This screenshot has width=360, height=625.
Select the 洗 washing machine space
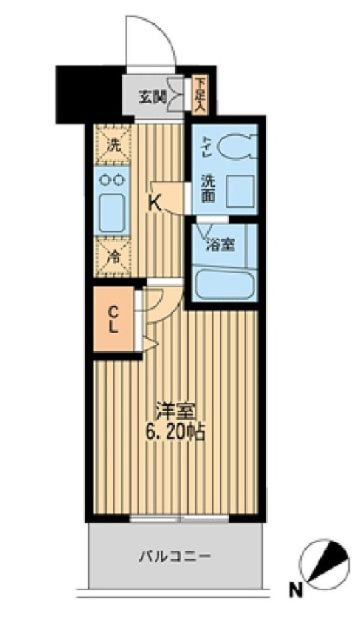(112, 144)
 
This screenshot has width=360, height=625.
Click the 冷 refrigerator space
(112, 255)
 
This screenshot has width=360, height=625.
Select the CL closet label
(114, 319)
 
